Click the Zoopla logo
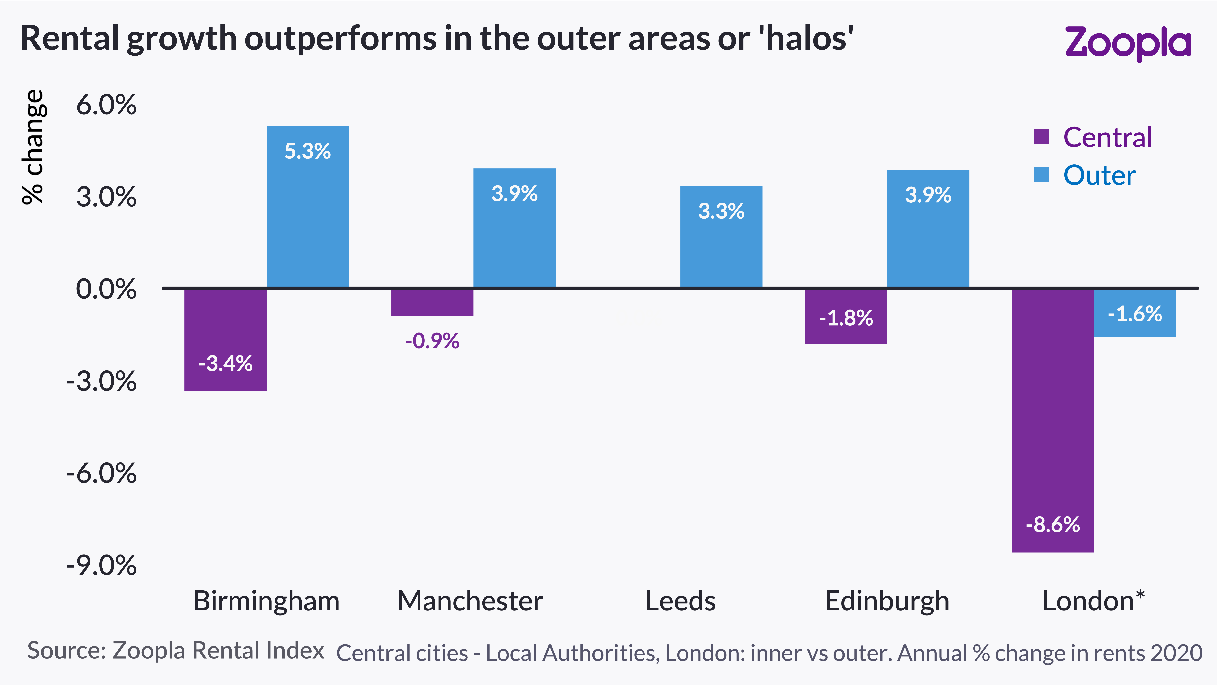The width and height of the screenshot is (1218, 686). tap(1128, 44)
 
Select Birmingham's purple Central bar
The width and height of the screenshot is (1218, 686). tap(226, 340)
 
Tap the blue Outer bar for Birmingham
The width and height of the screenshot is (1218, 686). tap(308, 207)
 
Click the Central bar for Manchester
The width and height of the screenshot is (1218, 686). tap(432, 302)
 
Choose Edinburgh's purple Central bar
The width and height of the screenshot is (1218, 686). tap(846, 316)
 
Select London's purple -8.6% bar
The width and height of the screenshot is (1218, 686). tap(1053, 420)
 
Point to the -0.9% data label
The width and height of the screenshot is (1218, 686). tap(432, 341)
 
